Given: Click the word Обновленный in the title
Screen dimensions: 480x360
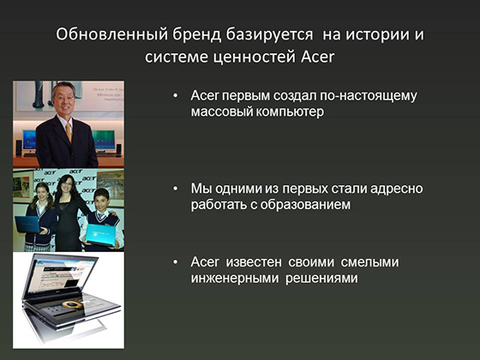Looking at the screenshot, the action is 111,34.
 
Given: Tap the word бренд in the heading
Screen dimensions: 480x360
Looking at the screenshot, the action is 196,34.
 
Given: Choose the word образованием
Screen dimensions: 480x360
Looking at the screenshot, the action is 305,205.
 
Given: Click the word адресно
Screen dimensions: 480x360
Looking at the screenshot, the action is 396,189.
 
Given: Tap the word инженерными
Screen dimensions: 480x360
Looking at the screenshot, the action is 235,279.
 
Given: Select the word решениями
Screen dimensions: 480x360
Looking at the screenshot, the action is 321,279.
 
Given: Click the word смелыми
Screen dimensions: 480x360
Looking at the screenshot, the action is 369,262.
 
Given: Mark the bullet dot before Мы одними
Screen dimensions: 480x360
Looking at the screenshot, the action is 176,189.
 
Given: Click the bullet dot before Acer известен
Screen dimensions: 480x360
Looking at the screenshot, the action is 176,262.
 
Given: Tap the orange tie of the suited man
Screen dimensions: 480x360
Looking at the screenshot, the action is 69,132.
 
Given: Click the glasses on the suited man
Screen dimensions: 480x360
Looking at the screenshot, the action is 64,99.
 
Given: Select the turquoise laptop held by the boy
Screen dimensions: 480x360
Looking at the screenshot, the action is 101,235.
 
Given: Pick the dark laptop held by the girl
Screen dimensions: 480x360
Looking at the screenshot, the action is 28,225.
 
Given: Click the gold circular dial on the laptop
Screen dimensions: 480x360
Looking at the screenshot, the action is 72,304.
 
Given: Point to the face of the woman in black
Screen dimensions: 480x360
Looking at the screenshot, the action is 68,184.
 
